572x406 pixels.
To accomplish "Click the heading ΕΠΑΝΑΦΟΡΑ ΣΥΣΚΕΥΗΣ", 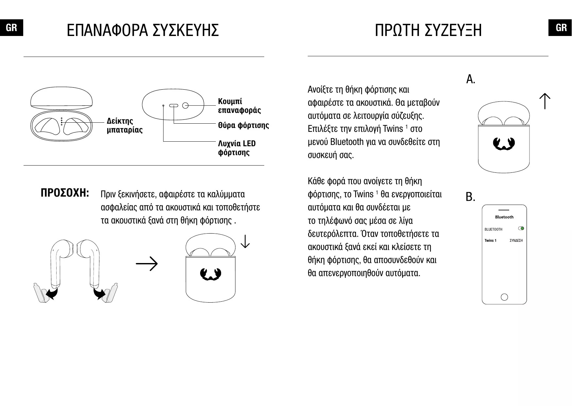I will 143,30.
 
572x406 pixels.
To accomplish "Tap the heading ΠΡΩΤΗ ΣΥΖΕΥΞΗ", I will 428,30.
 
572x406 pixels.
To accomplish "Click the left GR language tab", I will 11,28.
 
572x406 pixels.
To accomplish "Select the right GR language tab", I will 561,28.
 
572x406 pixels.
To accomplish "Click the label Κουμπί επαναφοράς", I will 239,106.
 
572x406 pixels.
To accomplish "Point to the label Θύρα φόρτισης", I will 243,125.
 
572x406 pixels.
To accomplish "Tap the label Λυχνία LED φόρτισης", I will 237,148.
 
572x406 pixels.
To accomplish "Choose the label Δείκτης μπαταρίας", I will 125,125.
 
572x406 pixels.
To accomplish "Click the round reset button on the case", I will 185,105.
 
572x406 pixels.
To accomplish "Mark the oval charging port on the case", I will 173,105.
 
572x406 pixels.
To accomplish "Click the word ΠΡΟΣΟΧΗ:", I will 65,193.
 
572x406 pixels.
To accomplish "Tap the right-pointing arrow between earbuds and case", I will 147,264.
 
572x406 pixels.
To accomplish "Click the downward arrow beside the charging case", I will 245,241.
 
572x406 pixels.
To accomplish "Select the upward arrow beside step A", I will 545,101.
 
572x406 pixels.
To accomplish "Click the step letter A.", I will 471,79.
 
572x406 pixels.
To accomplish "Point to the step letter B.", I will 470,197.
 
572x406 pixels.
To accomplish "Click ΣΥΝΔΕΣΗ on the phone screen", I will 516,240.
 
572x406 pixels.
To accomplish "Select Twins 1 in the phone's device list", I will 490,240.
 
